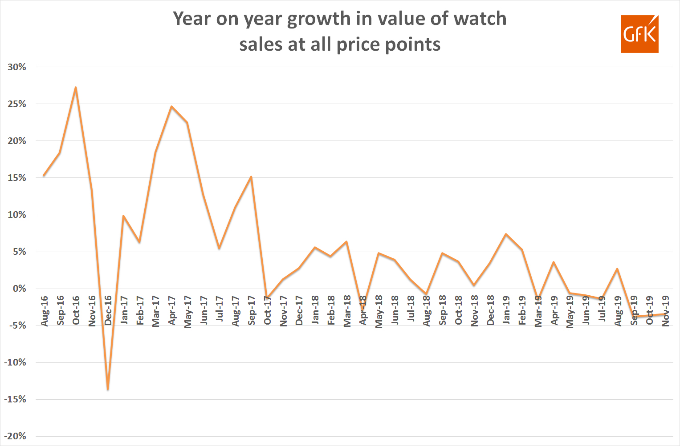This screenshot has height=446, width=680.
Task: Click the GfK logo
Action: (639, 34)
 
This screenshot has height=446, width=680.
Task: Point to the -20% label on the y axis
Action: (15, 436)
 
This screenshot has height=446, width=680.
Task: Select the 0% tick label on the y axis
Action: (19, 289)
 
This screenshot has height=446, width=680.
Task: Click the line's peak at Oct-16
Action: (76, 88)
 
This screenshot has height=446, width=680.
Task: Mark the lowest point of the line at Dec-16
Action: (108, 390)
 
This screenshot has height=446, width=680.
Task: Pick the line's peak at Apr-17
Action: (171, 106)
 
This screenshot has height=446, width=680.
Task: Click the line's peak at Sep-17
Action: (251, 177)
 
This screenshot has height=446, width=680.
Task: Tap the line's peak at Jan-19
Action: (506, 234)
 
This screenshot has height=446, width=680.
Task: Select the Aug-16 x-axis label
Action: (45, 311)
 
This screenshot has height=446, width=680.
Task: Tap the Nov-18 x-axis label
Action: (475, 311)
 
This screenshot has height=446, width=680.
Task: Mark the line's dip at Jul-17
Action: (219, 248)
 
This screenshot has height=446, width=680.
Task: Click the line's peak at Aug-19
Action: (617, 269)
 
